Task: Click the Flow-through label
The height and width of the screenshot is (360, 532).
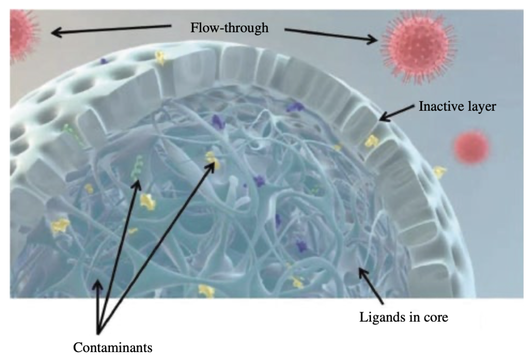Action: (230, 28)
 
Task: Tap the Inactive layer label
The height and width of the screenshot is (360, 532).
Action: (457, 106)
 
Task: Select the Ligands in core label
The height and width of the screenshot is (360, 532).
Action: (404, 317)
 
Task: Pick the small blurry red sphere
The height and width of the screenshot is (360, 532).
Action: (472, 147)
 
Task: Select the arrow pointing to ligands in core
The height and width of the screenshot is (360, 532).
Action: (371, 286)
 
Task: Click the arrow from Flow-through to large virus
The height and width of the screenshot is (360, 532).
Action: (331, 35)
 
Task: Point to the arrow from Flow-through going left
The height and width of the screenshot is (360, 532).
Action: (111, 29)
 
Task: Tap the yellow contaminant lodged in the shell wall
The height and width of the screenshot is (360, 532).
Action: (371, 141)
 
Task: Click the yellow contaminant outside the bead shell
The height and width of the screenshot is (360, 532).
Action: (439, 172)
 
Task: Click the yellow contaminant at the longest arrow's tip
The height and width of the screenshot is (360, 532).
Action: (212, 160)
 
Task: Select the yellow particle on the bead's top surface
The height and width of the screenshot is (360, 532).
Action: (160, 58)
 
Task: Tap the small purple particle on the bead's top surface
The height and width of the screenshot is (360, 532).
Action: (103, 61)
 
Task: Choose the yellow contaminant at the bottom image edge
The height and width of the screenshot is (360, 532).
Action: (206, 291)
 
